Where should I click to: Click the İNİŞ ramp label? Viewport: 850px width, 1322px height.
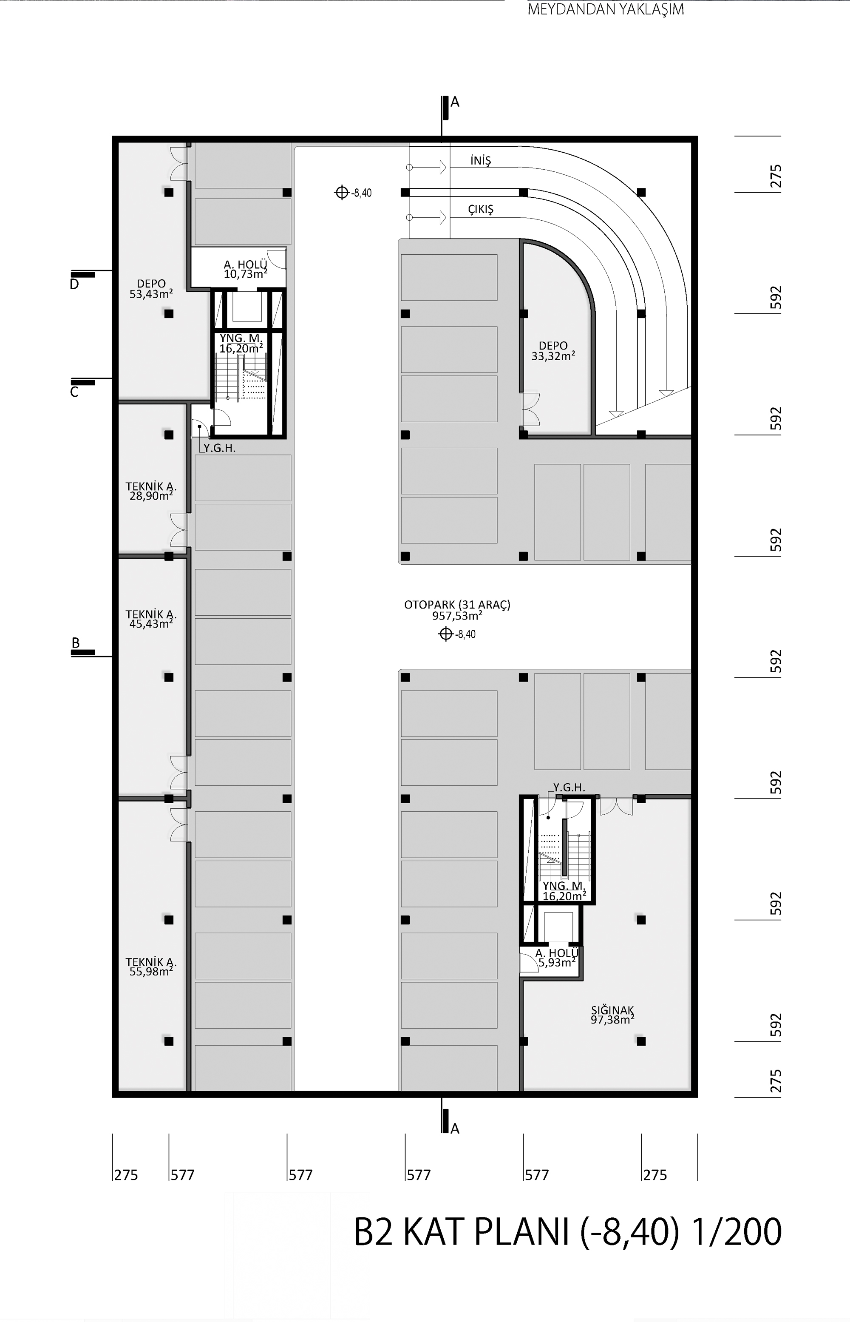[x=481, y=160]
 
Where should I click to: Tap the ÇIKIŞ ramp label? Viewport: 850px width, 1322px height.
[x=481, y=209]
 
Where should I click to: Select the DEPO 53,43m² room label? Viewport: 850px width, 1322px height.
[x=151, y=289]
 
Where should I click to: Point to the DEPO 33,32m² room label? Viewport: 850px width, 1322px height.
[x=553, y=351]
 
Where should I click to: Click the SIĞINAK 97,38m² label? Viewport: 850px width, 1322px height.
[x=612, y=1015]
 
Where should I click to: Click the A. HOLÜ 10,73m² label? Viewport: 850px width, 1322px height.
[x=246, y=269]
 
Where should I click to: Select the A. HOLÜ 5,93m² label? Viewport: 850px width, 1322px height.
[x=557, y=958]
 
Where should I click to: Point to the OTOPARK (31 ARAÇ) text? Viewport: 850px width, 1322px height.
[x=457, y=605]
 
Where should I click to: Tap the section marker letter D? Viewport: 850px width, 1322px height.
[x=74, y=284]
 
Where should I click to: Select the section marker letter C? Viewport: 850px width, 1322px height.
[x=74, y=392]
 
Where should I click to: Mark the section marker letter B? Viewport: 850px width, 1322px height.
[x=76, y=643]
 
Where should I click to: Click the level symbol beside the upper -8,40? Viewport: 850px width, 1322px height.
[x=342, y=192]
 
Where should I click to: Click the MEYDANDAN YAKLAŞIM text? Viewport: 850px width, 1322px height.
[x=606, y=9]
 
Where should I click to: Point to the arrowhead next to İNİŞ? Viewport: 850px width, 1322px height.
[x=443, y=167]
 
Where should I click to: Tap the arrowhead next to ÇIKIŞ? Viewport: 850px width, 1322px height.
[x=443, y=218]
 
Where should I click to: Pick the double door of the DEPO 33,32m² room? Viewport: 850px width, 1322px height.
[x=531, y=409]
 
